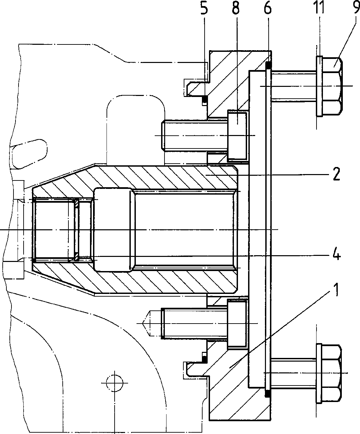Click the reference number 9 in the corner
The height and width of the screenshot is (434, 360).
(x=356, y=7)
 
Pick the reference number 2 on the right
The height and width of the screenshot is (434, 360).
(x=336, y=174)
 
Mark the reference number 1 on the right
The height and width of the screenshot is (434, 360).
(x=335, y=290)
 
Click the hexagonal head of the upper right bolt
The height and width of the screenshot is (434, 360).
(x=332, y=86)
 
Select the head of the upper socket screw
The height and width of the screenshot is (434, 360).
(x=238, y=136)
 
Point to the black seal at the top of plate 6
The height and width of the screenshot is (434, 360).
(x=269, y=65)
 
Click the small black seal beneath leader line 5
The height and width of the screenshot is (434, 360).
(x=205, y=99)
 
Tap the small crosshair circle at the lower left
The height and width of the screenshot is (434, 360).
(x=115, y=383)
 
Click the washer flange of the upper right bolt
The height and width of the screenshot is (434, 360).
(x=319, y=86)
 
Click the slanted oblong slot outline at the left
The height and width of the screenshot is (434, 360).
(x=29, y=154)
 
